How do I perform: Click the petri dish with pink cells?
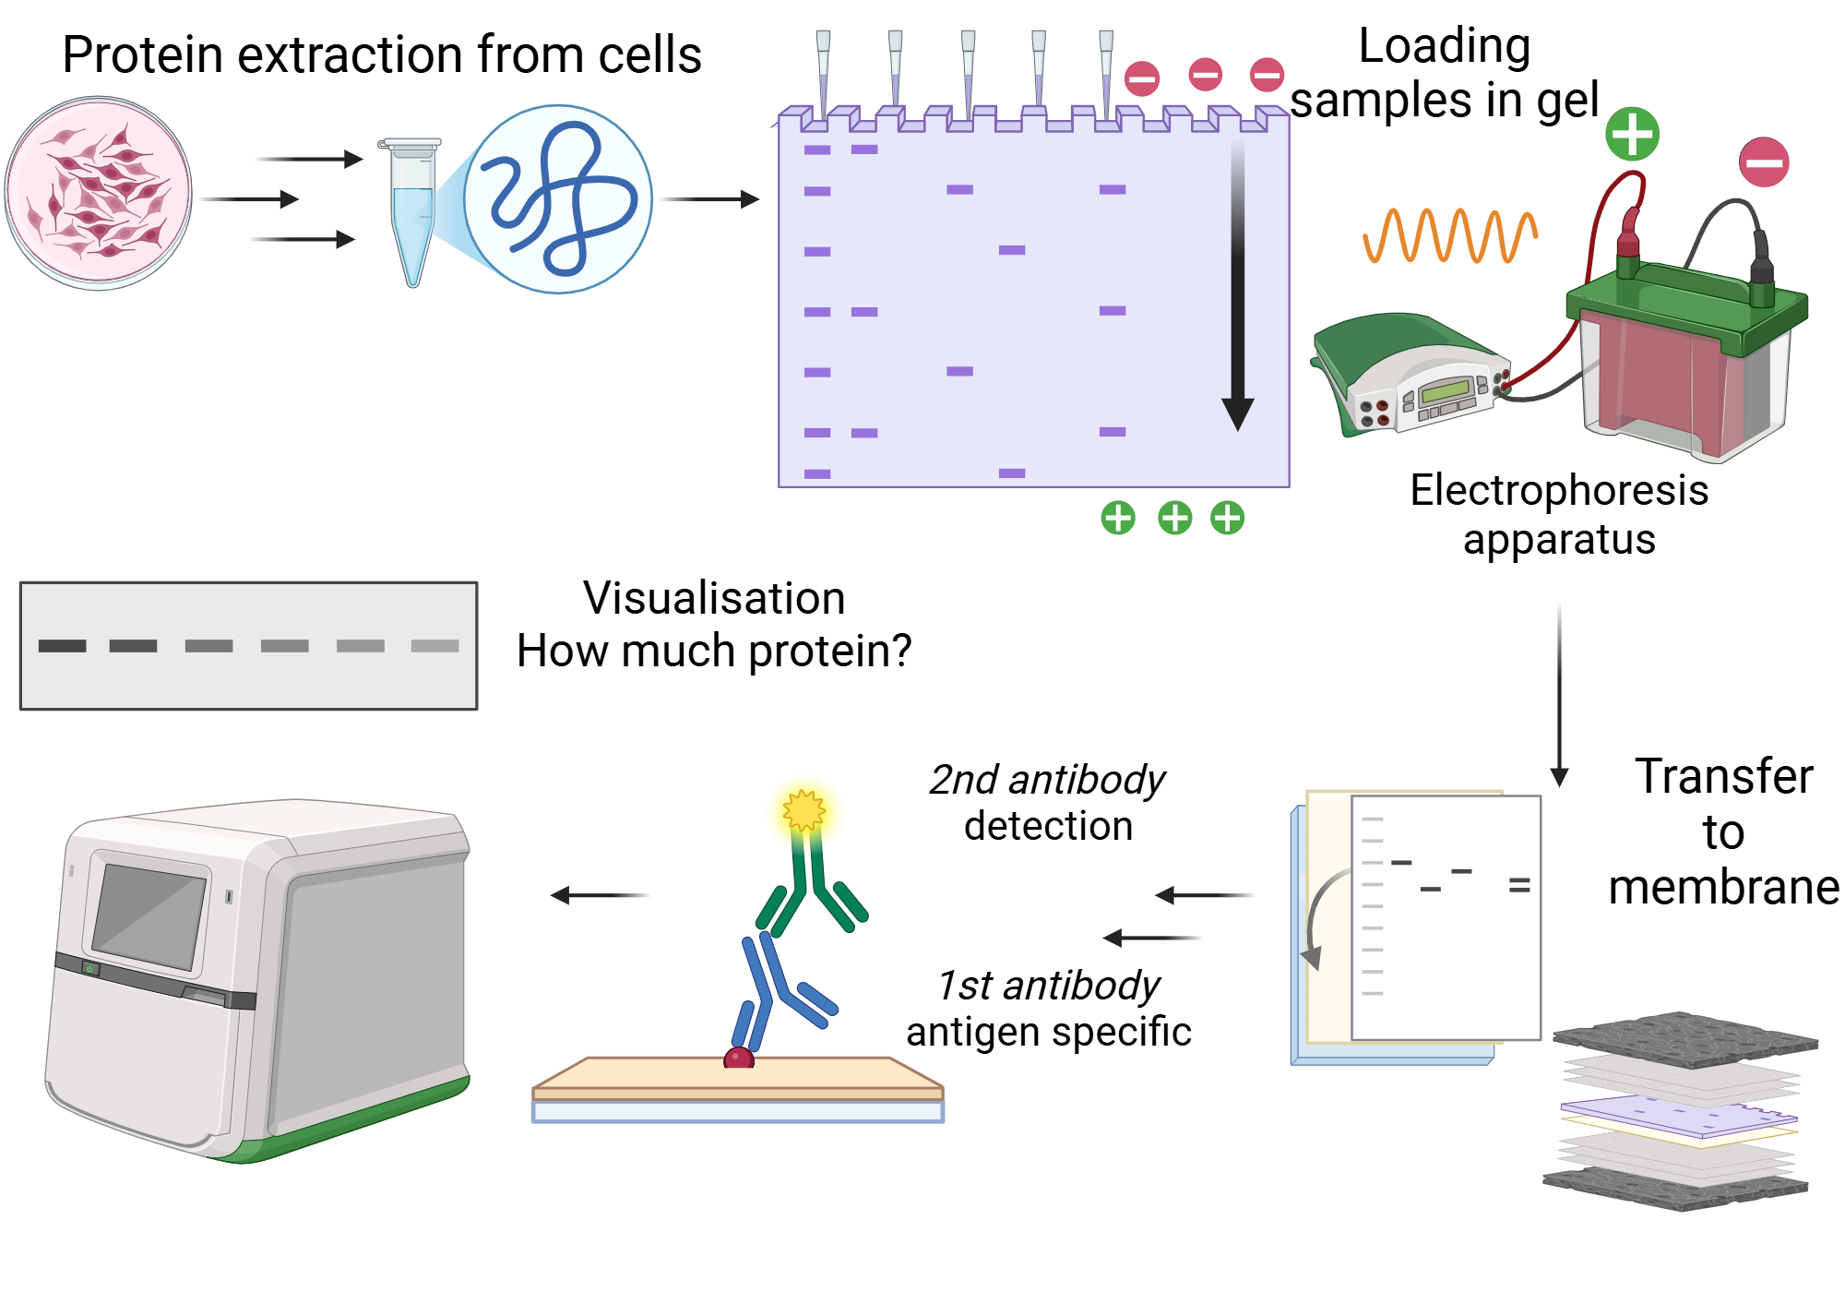tap(98, 194)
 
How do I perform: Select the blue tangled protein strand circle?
tap(558, 199)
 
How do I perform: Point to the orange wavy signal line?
tap(1449, 235)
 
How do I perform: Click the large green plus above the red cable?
tap(1632, 135)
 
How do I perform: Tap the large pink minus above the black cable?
tap(1763, 162)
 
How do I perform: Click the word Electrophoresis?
tap(1558, 490)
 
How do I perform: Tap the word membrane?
tap(1722, 888)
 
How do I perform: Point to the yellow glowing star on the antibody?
tap(803, 811)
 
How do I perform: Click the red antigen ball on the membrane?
tap(739, 1058)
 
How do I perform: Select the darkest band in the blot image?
tap(62, 646)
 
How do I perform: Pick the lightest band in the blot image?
tap(434, 646)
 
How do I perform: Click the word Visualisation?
tap(714, 598)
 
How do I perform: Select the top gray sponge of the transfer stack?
tap(1684, 1040)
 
